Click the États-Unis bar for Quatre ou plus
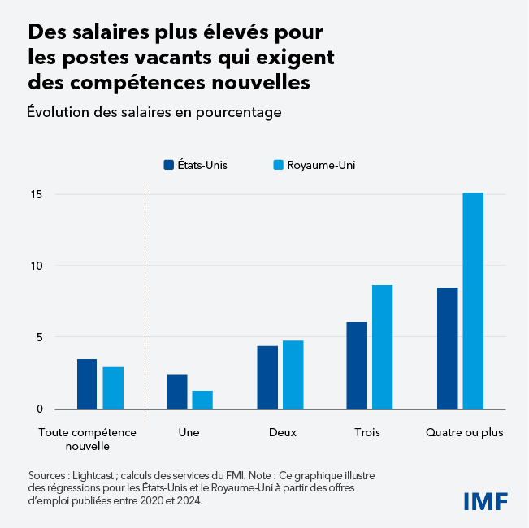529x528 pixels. (447, 348)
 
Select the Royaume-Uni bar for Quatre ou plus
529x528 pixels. (473, 301)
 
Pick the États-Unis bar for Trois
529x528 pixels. (357, 366)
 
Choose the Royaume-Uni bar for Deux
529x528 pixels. (293, 374)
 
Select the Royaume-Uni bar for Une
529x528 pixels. (202, 400)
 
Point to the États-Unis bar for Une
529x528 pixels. (177, 392)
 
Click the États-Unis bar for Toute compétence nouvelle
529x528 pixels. (87, 384)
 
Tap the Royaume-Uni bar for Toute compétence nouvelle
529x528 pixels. (113, 388)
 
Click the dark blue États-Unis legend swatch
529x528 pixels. (169, 165)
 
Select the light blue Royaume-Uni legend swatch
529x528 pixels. (278, 165)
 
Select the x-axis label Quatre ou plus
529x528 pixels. (464, 432)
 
